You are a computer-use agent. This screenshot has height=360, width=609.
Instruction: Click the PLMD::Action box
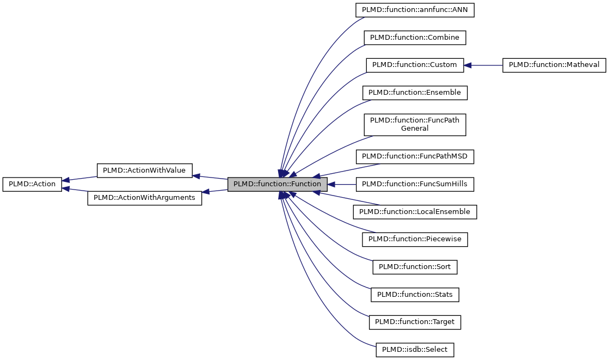click(32, 184)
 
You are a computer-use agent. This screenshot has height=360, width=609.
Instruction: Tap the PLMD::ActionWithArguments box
click(144, 198)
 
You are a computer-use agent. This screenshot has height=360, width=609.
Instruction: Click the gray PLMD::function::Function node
click(277, 184)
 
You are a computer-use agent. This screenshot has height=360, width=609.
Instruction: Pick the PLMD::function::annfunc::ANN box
click(415, 10)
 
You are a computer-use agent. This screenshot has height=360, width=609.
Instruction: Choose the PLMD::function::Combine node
click(415, 38)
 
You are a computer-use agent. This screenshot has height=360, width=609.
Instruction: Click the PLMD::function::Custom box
click(415, 65)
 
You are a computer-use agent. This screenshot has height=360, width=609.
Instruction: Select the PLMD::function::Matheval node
click(553, 65)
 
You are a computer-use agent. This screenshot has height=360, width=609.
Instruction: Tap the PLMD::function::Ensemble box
click(415, 93)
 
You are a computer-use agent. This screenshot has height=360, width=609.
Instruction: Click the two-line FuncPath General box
click(415, 124)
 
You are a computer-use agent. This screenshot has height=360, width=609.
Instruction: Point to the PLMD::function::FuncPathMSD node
click(415, 157)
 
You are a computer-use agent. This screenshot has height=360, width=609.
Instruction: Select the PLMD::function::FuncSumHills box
click(415, 184)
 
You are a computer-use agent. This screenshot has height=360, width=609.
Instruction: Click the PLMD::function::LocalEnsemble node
click(415, 212)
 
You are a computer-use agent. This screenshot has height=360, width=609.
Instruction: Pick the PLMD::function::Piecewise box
click(415, 239)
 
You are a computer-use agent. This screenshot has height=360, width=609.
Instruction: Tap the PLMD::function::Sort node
click(415, 267)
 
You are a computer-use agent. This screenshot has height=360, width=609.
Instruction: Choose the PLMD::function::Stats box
click(415, 295)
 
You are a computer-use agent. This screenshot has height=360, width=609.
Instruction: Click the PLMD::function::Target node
click(415, 322)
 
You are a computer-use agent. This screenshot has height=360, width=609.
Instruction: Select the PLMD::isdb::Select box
click(415, 350)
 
